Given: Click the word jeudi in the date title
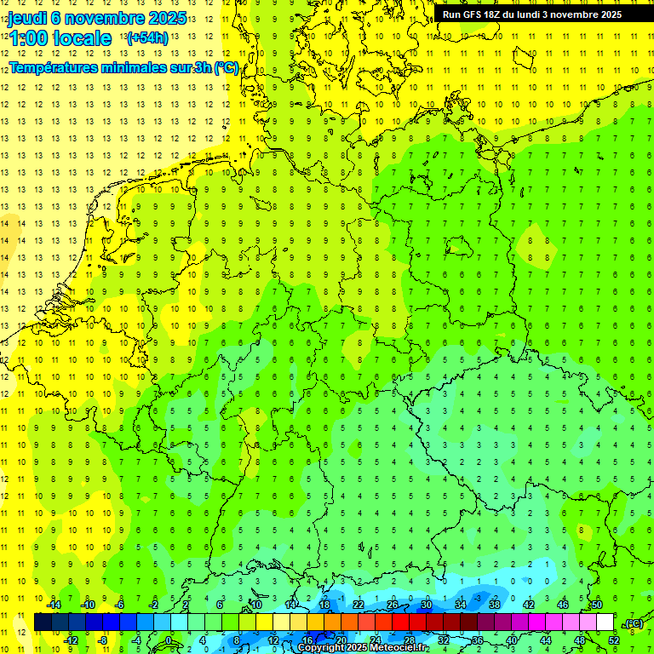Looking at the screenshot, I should tap(28, 17).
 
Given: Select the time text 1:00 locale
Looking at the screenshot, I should tap(60, 38).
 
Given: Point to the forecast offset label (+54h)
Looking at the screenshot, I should tap(147, 38).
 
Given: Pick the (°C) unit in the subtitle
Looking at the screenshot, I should tap(227, 68).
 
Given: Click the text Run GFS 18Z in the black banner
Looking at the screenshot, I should tap(474, 14).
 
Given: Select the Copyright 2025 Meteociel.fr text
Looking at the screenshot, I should tap(363, 648).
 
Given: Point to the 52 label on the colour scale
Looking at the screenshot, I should tap(614, 640).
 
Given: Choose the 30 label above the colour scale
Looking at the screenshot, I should tap(427, 605).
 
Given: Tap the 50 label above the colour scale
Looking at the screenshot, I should tap(597, 605).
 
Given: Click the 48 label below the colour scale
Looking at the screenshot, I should tap(580, 640).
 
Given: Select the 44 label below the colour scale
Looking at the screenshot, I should tap(546, 640).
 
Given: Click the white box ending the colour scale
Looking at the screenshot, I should tap(605, 622).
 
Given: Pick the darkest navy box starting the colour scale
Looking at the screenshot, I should tap(43, 622).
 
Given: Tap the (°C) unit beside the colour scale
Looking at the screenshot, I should tap(633, 623).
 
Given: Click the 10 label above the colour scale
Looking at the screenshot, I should tap(256, 605).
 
